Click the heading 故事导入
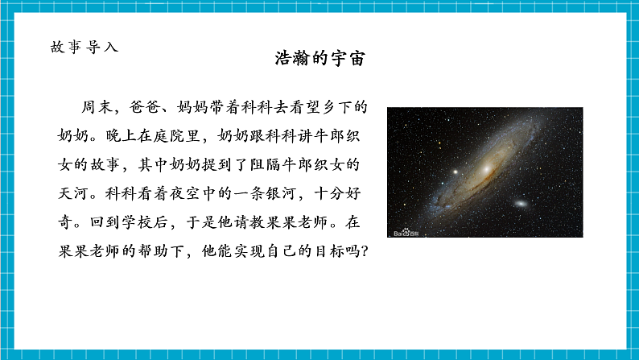[x=84, y=47]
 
